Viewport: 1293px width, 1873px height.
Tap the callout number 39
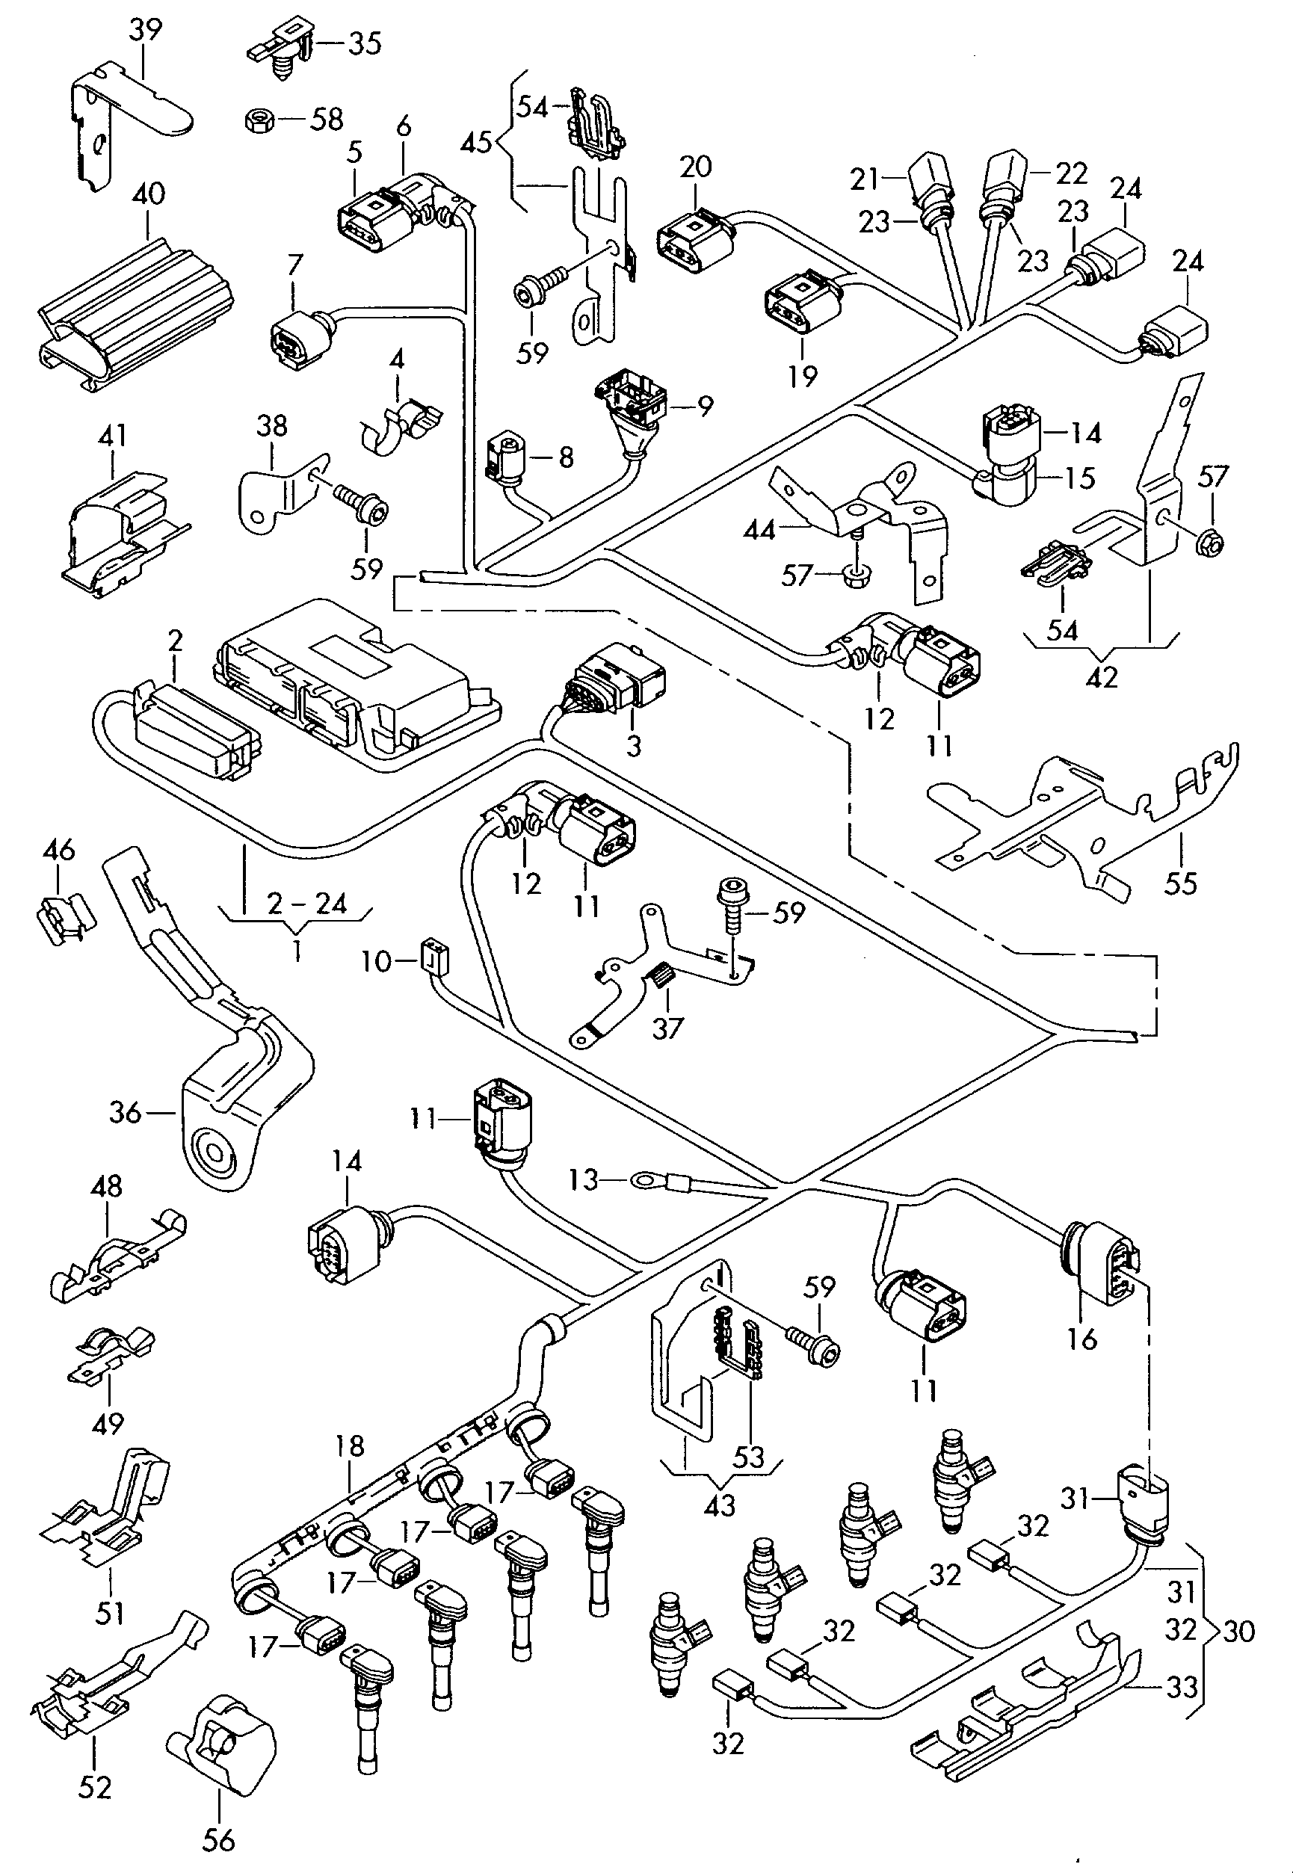coord(146,31)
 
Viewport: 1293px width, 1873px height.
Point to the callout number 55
coord(1180,882)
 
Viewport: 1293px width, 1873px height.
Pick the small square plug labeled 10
coord(433,957)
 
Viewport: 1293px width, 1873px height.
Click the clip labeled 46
coord(65,917)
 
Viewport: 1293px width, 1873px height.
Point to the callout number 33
coord(1181,1687)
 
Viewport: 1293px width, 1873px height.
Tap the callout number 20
coord(695,167)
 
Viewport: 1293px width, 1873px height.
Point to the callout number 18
coord(350,1446)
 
